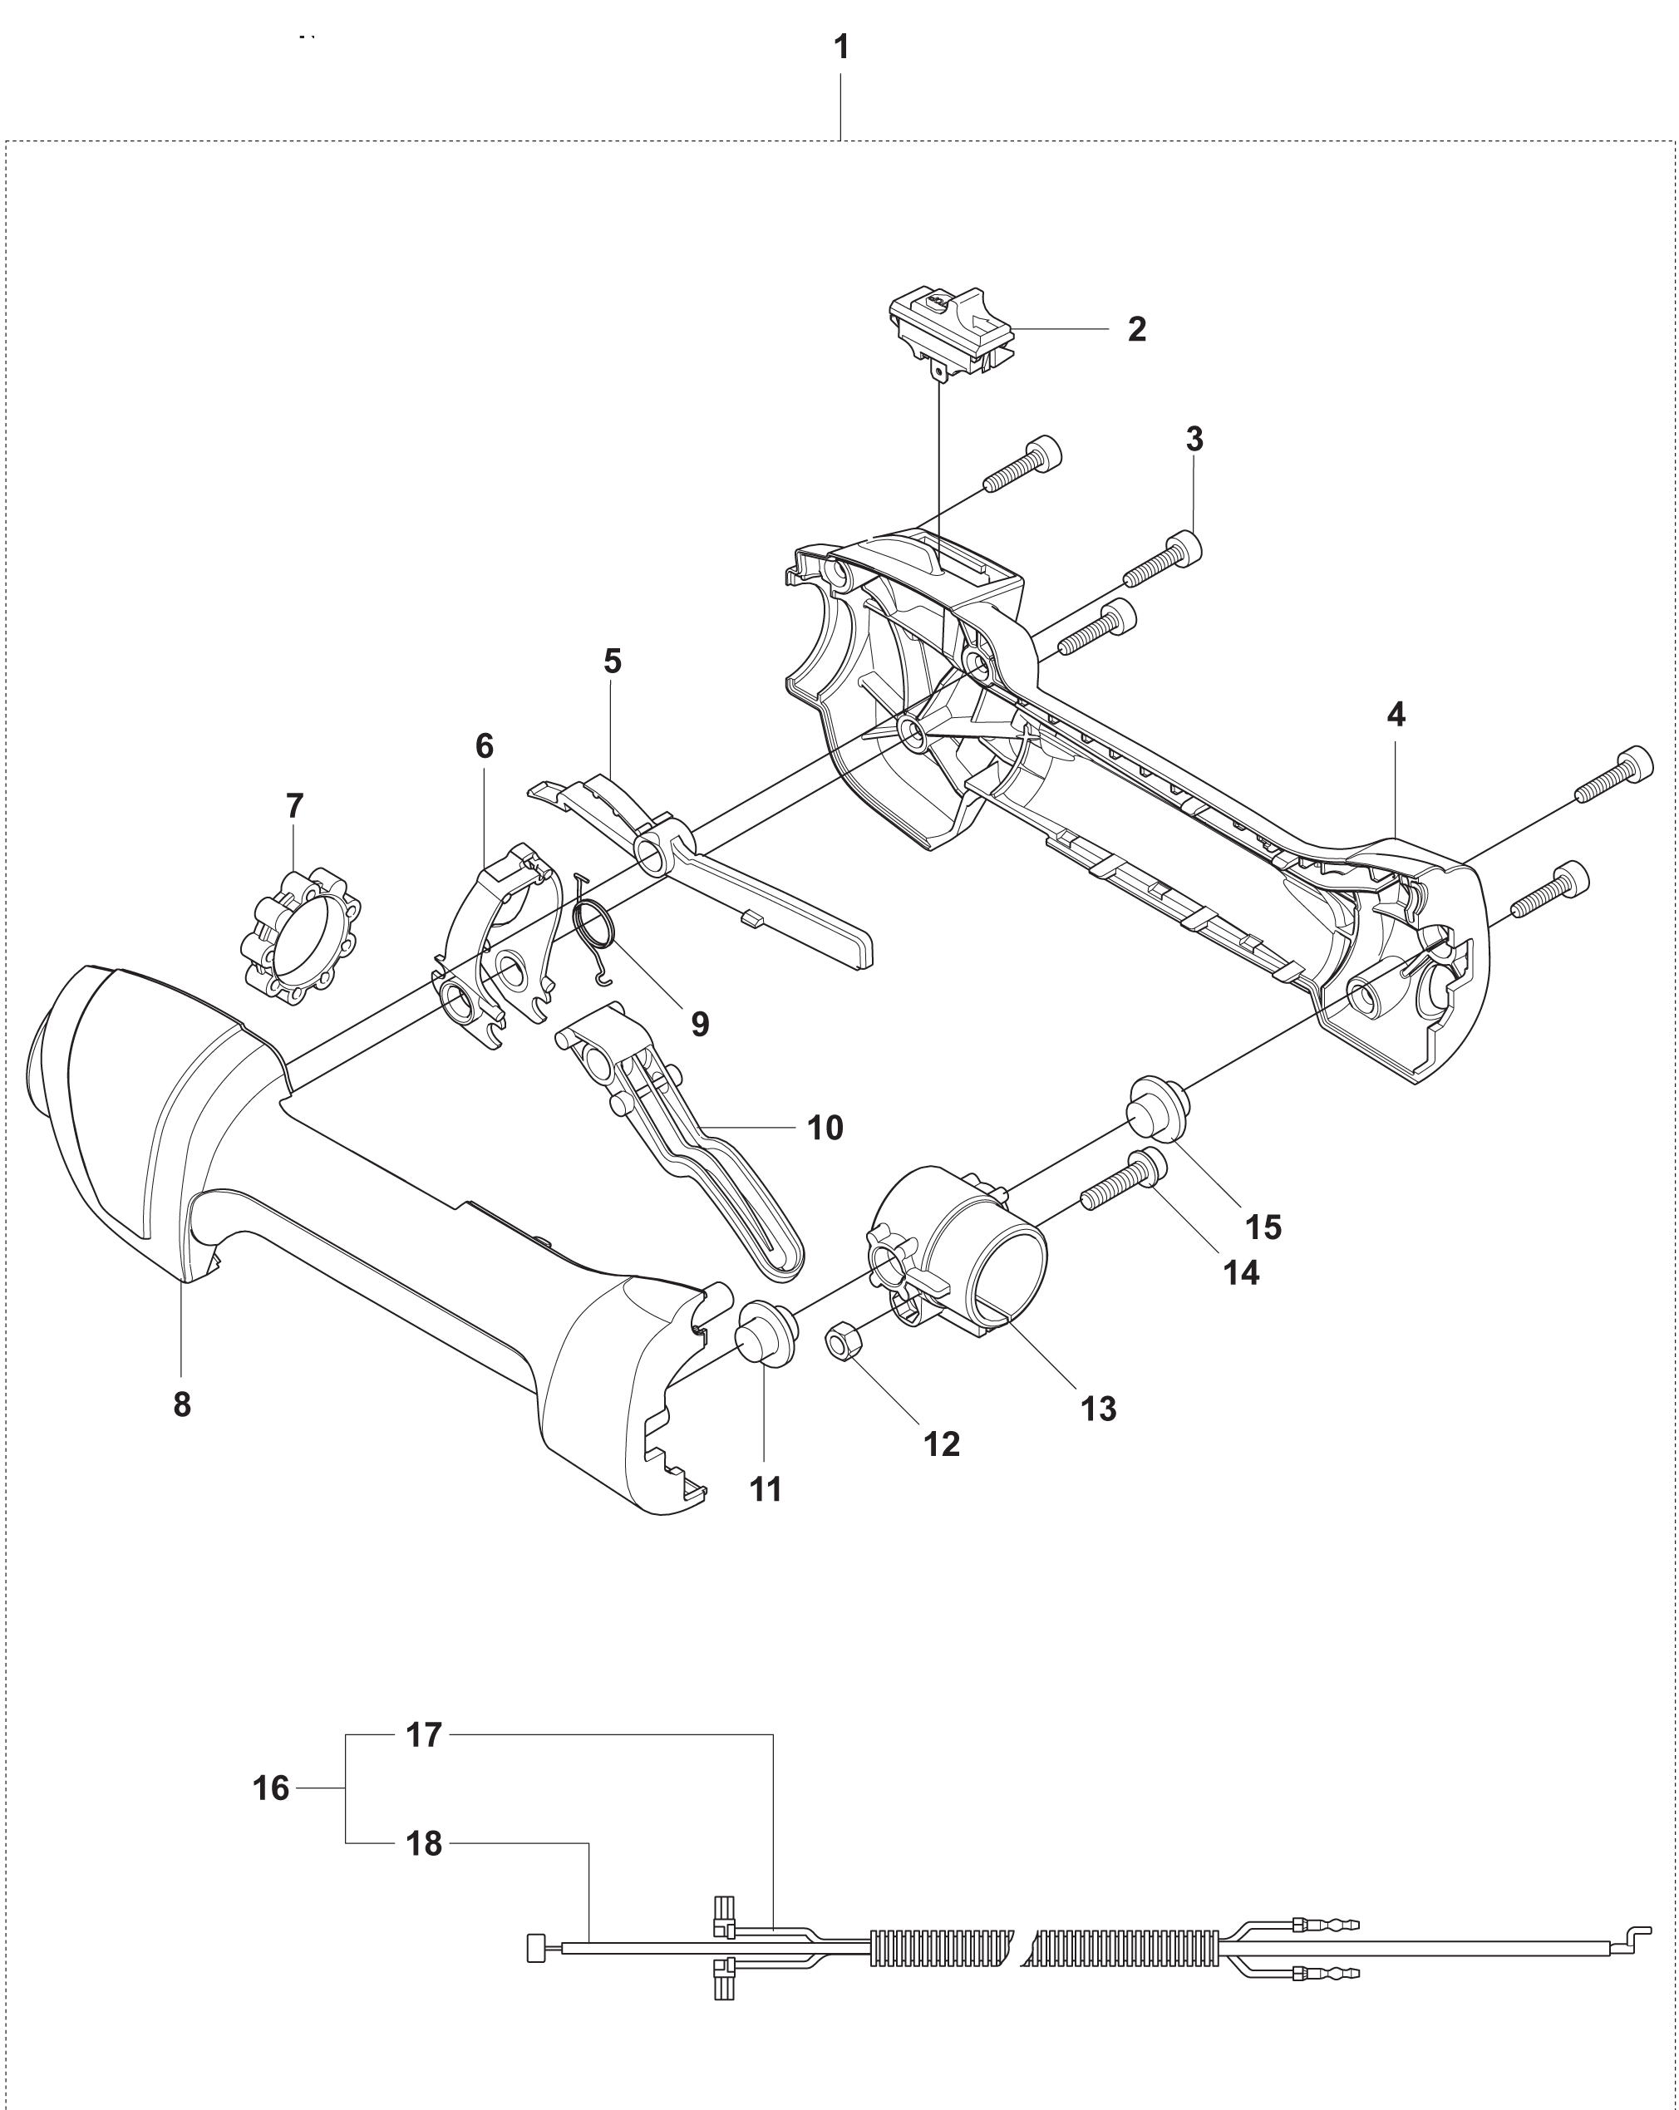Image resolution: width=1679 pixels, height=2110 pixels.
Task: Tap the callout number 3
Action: (x=1194, y=440)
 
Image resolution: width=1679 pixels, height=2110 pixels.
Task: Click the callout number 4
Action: (x=1396, y=716)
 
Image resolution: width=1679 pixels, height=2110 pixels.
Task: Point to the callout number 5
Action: (x=612, y=662)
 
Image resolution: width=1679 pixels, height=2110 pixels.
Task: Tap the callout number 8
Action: (x=182, y=1405)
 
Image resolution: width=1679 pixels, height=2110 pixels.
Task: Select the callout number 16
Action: (x=271, y=1789)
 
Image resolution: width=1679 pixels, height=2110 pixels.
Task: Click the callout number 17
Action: (x=424, y=1735)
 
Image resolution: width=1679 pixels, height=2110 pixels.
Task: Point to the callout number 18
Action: (x=424, y=1844)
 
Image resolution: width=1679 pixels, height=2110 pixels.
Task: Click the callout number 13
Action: (x=1099, y=1409)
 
